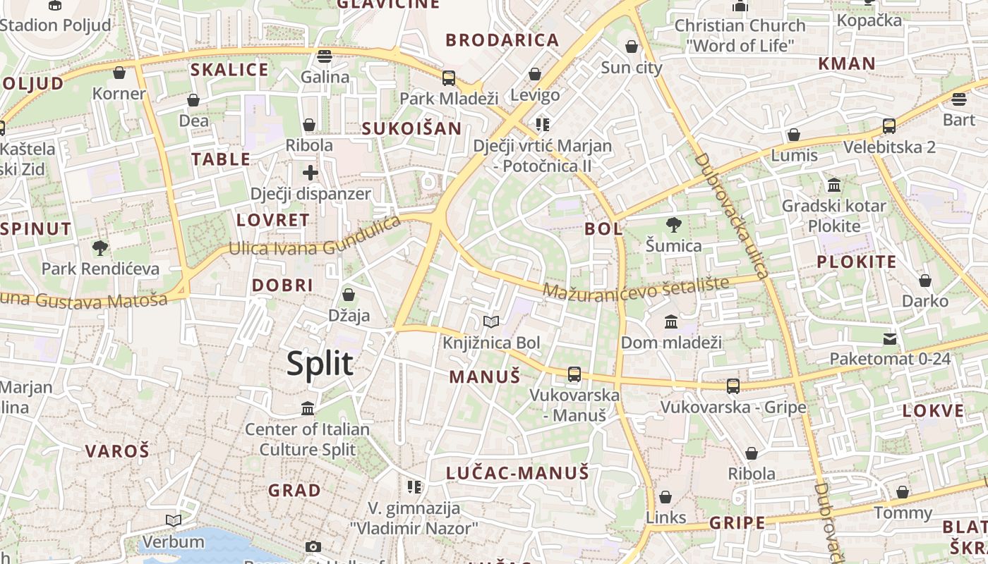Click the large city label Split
tap(320, 364)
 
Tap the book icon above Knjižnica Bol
tap(491, 322)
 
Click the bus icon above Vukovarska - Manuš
tap(574, 374)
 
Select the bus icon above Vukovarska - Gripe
tap(733, 386)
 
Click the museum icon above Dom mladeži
tap(671, 322)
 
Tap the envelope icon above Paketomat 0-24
tap(890, 339)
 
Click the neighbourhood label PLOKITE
tap(856, 262)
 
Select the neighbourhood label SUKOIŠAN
tap(411, 128)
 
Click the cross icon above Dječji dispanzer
tap(311, 173)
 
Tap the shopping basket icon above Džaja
tap(349, 295)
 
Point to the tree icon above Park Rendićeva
tap(100, 248)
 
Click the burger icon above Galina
tap(325, 56)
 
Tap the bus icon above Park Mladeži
tap(449, 78)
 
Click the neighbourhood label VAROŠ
tap(117, 451)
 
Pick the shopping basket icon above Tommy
tap(903, 492)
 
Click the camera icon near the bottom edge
tap(313, 547)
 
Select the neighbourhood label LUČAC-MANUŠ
tap(517, 473)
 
